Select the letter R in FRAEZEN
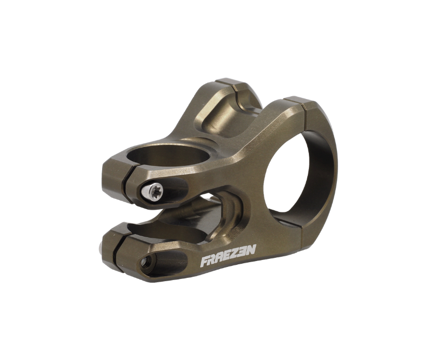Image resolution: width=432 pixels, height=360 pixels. coord(212,261)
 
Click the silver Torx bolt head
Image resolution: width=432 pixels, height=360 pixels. coord(154,189)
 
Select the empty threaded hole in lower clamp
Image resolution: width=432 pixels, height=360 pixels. coord(145,261)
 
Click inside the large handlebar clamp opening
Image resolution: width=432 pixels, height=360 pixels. coord(292,173)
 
